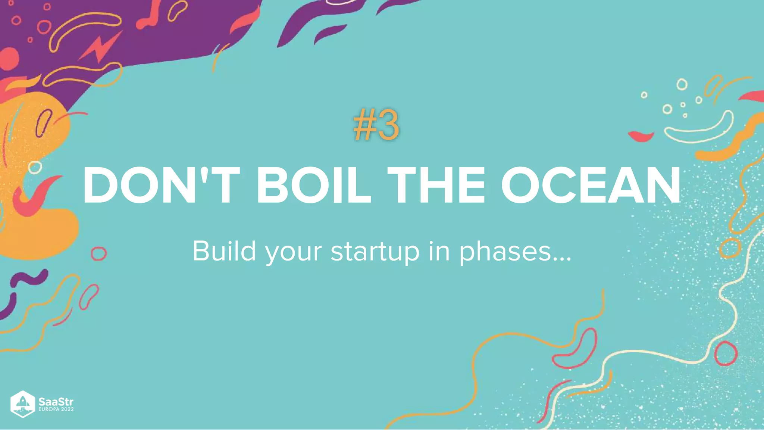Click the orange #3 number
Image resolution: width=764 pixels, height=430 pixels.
click(x=376, y=126)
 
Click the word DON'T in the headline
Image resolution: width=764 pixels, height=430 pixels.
click(x=161, y=186)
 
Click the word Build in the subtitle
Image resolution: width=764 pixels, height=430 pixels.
click(x=224, y=251)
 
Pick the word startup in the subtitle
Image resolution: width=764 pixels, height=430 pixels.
click(x=375, y=252)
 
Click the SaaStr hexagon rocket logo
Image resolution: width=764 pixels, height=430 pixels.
click(x=23, y=404)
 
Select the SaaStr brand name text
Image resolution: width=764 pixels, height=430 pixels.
click(x=56, y=402)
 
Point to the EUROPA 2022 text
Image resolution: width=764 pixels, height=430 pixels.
click(x=56, y=409)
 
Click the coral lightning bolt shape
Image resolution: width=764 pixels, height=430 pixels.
click(x=100, y=48)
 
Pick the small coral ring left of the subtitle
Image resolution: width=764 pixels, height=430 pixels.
click(x=99, y=254)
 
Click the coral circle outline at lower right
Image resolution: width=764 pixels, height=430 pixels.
click(x=726, y=353)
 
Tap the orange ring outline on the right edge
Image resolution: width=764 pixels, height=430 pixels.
click(x=730, y=248)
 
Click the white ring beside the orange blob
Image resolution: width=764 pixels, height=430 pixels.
click(x=35, y=168)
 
